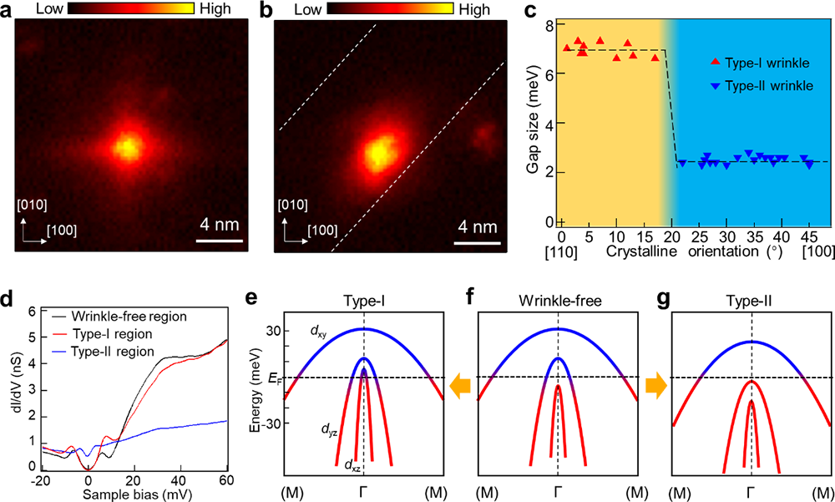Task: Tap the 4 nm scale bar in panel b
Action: (x=478, y=243)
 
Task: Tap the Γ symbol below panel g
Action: (x=751, y=493)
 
